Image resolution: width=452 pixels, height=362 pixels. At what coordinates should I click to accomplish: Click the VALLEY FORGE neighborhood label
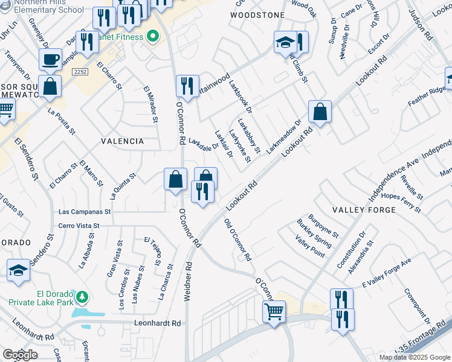364,209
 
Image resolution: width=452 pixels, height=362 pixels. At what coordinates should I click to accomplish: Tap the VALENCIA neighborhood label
123,141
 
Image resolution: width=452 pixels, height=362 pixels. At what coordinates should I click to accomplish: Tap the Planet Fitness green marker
153,37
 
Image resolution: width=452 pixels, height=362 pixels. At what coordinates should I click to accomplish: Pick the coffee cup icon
50,60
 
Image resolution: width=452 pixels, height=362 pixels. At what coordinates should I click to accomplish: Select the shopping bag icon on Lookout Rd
320,112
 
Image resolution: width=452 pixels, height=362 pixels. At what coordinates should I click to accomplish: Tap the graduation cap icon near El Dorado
19,270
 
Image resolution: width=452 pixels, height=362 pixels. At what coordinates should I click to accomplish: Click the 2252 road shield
79,72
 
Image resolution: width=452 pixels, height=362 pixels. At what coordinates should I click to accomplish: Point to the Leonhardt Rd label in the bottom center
159,323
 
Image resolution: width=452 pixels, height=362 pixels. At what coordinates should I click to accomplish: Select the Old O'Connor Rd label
237,240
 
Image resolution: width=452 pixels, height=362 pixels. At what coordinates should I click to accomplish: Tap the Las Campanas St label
85,212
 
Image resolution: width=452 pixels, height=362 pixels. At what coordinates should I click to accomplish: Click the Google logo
19,354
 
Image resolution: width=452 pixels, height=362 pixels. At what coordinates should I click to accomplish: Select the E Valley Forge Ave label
386,272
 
